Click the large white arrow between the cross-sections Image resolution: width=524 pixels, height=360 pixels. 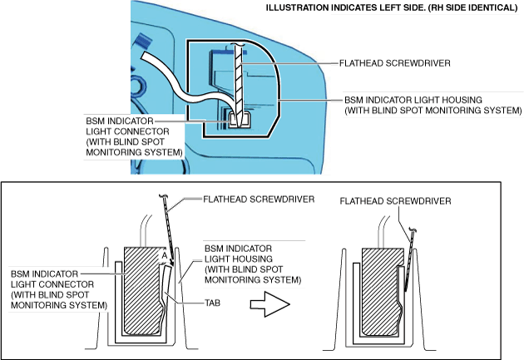[x=269, y=304]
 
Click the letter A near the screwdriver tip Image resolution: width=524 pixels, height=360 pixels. [x=164, y=256]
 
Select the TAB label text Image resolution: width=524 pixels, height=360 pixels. [x=213, y=303]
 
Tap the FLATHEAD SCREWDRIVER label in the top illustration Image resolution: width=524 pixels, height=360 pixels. [x=395, y=63]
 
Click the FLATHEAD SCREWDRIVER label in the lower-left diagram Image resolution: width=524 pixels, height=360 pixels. [x=259, y=200]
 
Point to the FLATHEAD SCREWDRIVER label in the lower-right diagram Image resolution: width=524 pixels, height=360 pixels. [x=395, y=201]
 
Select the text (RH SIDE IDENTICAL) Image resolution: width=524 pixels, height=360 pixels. [x=472, y=7]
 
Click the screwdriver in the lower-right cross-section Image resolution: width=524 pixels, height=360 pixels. [x=410, y=260]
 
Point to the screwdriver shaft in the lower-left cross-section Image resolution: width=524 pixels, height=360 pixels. [x=168, y=229]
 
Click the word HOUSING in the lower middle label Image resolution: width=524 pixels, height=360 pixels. [x=253, y=259]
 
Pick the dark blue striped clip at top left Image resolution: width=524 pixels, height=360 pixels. [x=144, y=42]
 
